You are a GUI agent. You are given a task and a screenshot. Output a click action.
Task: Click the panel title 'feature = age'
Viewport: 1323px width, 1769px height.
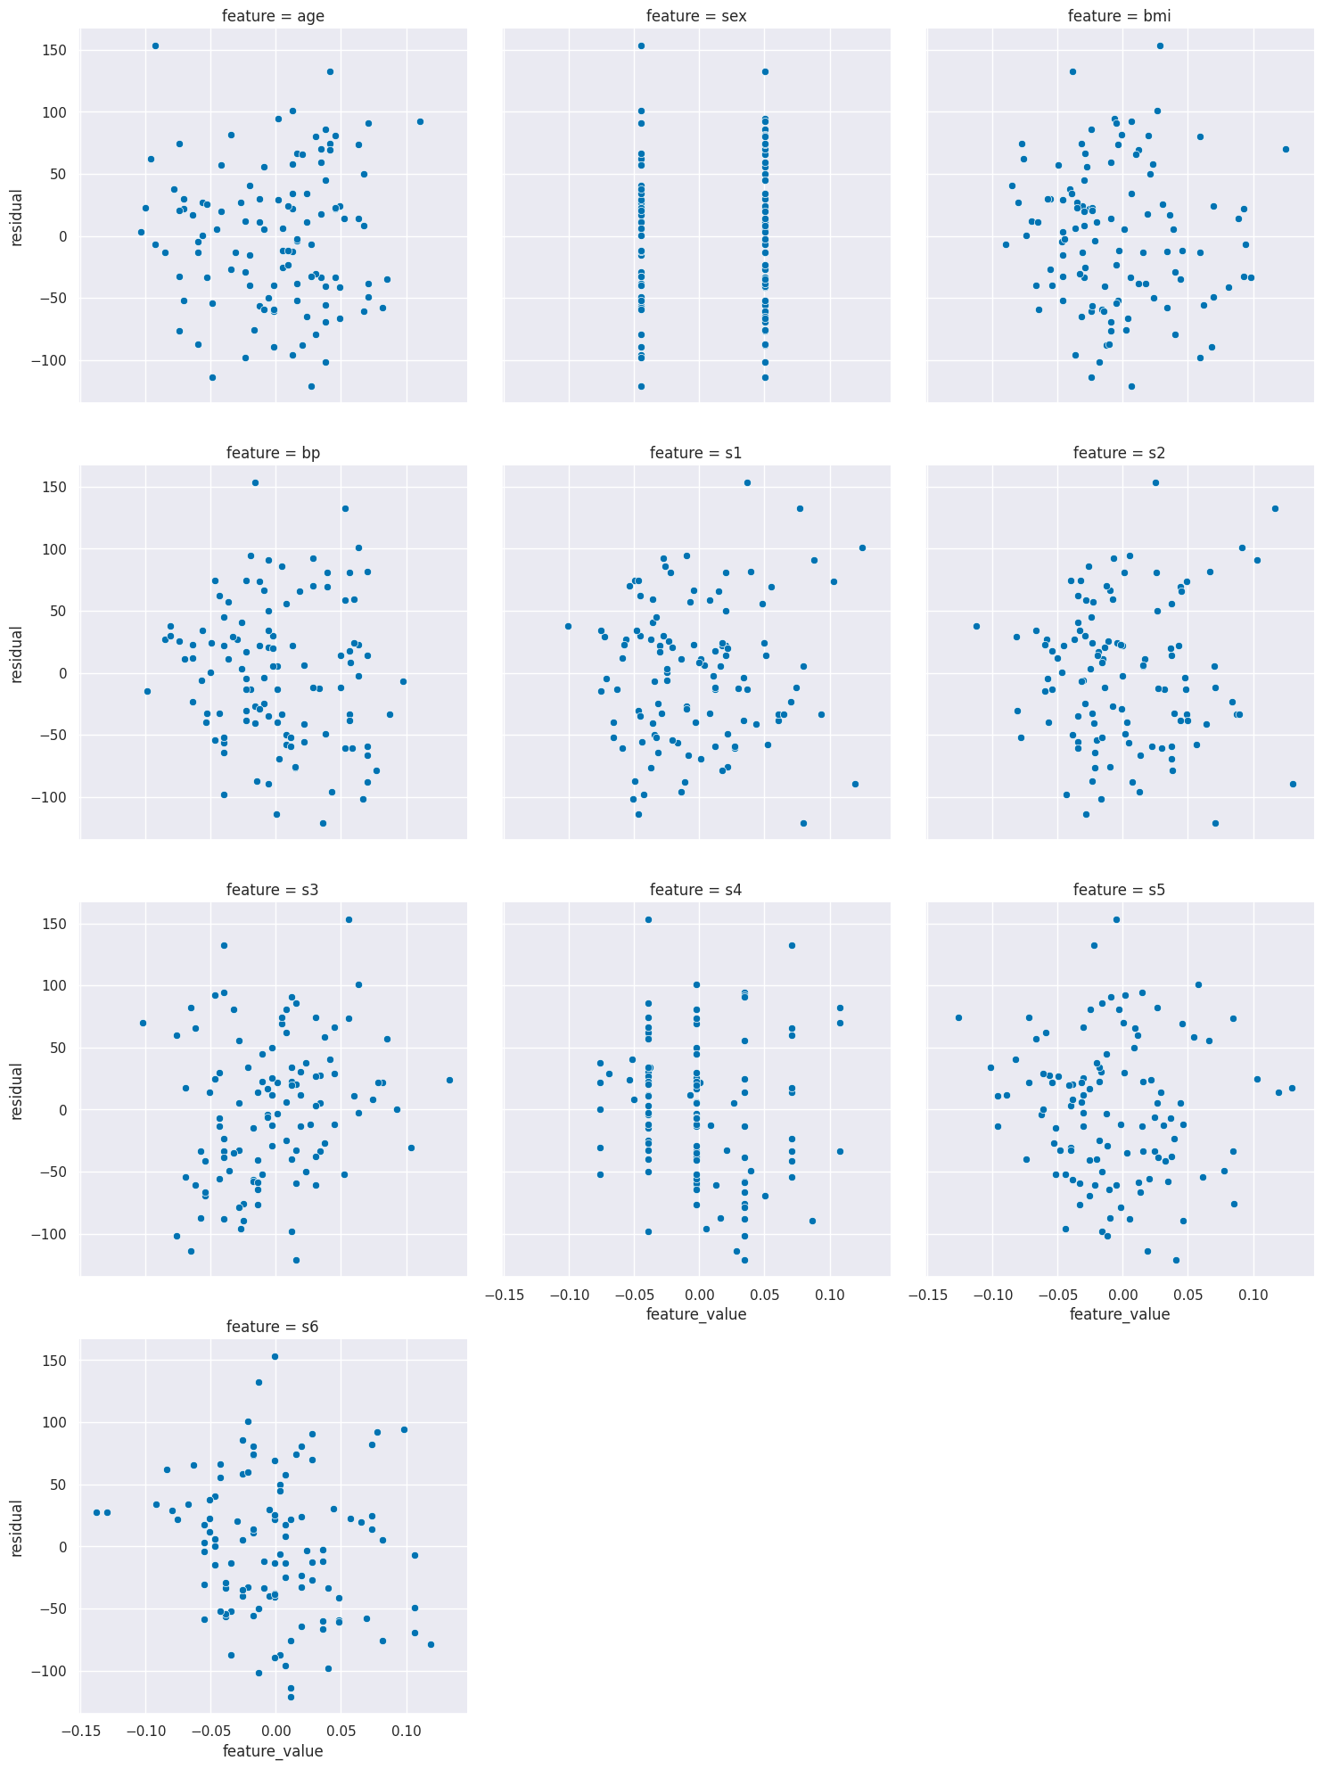[x=273, y=15]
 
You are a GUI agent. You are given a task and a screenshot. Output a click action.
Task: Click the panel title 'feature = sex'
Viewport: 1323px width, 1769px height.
[x=696, y=15]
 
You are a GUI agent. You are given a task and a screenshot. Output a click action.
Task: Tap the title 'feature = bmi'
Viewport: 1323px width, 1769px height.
[x=1120, y=15]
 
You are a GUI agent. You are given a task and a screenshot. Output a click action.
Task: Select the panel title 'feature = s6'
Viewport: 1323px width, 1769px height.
[x=273, y=1327]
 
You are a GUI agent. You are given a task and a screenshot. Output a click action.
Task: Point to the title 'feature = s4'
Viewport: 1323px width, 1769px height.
[x=696, y=890]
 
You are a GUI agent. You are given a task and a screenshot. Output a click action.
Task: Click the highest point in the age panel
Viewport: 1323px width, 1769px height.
[x=155, y=45]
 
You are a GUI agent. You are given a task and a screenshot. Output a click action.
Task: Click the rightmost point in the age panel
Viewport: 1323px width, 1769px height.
[x=420, y=121]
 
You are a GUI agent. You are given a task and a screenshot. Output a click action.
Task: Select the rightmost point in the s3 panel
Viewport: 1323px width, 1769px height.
[x=449, y=1080]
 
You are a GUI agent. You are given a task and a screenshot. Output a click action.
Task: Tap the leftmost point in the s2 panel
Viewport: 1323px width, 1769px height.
[x=976, y=626]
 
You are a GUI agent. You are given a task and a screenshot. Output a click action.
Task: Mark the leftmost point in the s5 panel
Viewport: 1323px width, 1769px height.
[x=958, y=1017]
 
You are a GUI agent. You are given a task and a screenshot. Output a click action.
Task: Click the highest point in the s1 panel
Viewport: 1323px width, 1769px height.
[x=747, y=482]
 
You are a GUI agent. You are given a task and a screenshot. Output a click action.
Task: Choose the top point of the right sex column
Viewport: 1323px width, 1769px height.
[x=765, y=71]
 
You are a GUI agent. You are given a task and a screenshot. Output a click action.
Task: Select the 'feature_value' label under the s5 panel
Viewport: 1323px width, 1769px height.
[x=1120, y=1314]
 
